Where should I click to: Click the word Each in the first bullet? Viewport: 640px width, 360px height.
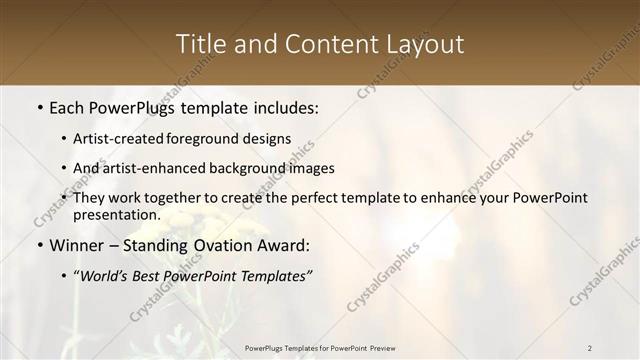point(67,107)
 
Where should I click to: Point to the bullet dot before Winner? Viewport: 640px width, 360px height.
point(39,245)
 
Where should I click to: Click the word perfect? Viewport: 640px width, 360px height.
point(310,198)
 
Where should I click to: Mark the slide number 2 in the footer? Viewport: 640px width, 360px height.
point(590,348)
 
